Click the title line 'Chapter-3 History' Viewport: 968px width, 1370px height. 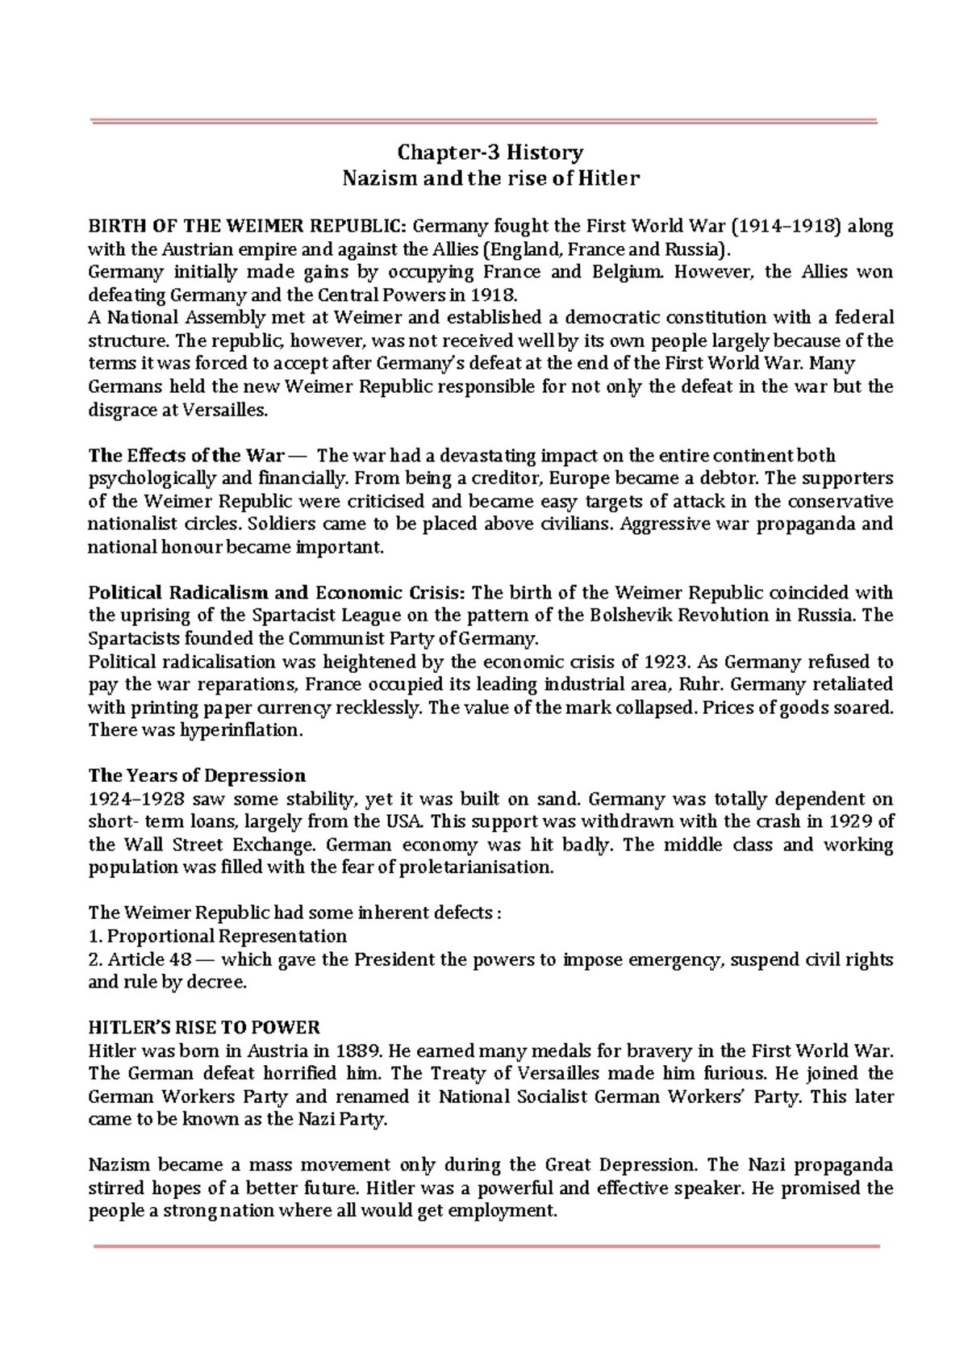(x=490, y=152)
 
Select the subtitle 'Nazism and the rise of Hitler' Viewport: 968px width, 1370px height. (x=490, y=178)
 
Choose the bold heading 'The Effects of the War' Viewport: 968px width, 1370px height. (x=186, y=455)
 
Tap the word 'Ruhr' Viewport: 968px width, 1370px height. (x=703, y=684)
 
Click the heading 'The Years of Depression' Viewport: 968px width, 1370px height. (x=197, y=776)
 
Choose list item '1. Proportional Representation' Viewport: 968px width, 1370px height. (x=217, y=936)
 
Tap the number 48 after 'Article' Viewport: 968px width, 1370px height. (x=181, y=959)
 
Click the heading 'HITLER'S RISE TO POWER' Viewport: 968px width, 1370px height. (x=204, y=1028)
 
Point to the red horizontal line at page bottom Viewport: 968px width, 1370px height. (x=486, y=1247)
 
